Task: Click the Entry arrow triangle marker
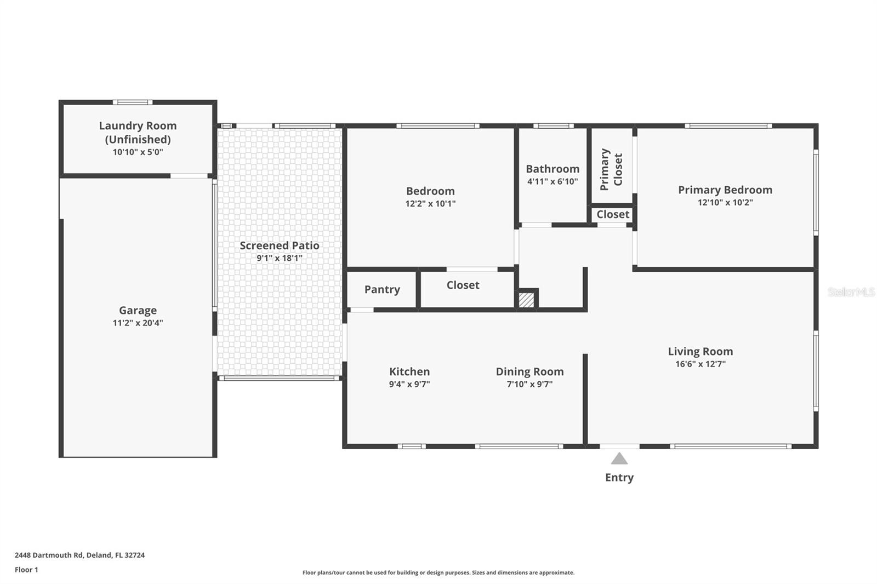[x=619, y=459]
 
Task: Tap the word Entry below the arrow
[x=619, y=477]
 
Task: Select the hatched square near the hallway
[x=526, y=300]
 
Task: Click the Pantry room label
[x=382, y=289]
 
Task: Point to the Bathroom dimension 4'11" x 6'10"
[x=553, y=181]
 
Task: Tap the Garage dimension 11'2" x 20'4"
[x=138, y=323]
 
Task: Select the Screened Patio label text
[x=279, y=245]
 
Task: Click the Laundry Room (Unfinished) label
[x=138, y=132]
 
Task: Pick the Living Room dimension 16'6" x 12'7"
[x=700, y=364]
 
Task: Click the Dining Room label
[x=529, y=371]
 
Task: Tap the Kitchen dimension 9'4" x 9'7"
[x=409, y=384]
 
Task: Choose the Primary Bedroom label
[x=725, y=190]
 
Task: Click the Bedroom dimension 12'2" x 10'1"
[x=430, y=203]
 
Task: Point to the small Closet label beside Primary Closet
[x=612, y=214]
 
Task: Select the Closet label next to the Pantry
[x=463, y=285]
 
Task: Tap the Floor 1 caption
[x=26, y=570]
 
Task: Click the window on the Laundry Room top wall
[x=133, y=102]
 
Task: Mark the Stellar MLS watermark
[x=851, y=292]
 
